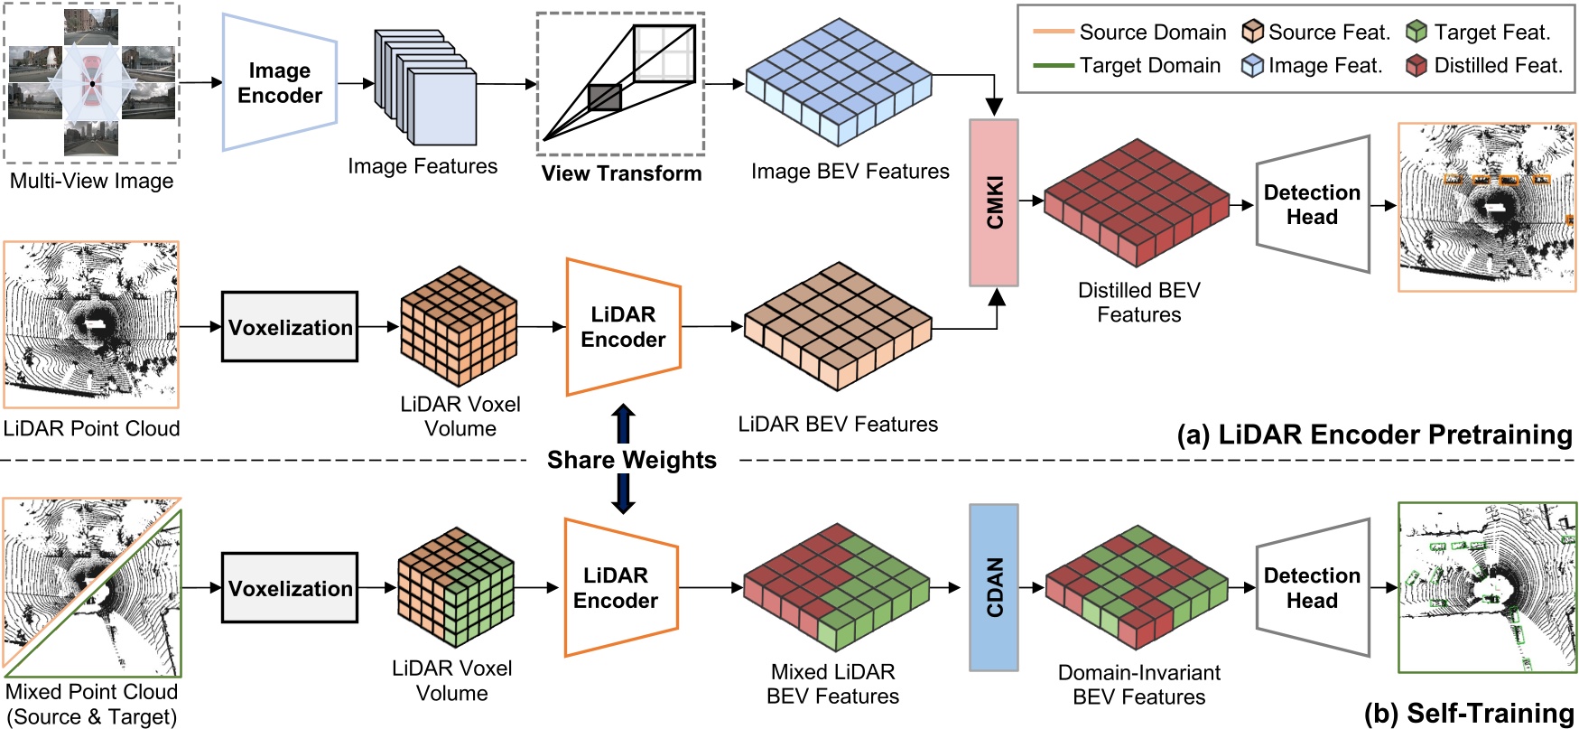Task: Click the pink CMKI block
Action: [994, 202]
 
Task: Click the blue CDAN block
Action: [994, 587]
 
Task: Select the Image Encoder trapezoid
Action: [280, 82]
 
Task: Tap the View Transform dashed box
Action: [621, 83]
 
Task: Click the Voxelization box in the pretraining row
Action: [290, 327]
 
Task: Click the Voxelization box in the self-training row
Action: [290, 588]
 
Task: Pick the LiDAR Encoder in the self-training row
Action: [621, 587]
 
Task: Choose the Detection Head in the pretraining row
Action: [1313, 204]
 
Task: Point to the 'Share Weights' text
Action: [632, 460]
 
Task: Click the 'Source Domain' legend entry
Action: [1129, 33]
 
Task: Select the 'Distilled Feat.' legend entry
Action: [1484, 65]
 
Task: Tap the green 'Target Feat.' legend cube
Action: [1416, 33]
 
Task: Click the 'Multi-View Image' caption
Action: [92, 181]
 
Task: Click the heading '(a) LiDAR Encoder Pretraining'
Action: [1375, 435]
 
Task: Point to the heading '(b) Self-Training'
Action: [1469, 714]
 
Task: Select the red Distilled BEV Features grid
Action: [1137, 202]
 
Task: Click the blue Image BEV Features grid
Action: [839, 82]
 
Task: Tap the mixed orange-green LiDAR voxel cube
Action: [457, 587]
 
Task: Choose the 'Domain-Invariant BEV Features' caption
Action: [1139, 685]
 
